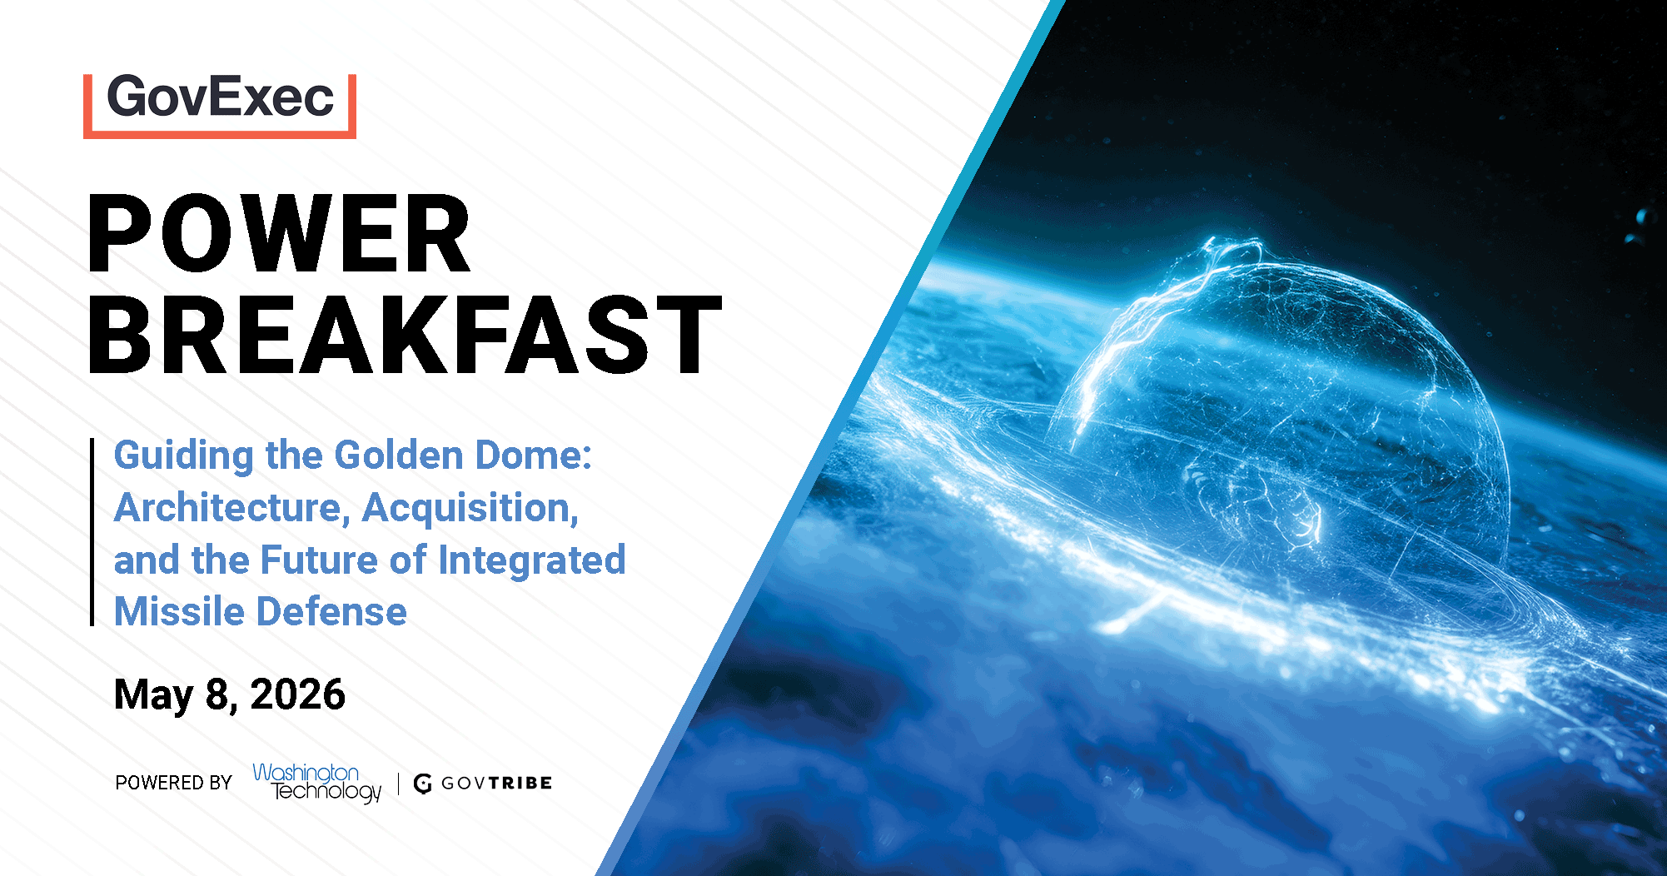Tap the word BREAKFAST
(404, 335)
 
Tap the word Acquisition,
(470, 508)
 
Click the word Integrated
(532, 560)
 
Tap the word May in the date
(153, 695)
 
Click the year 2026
(297, 694)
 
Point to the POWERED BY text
(173, 783)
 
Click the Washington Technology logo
(317, 783)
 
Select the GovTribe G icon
(423, 784)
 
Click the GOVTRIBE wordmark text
(496, 783)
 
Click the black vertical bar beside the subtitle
(92, 531)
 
